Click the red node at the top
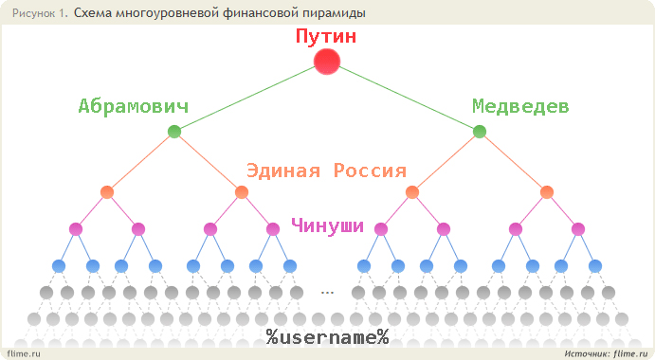pos(327,62)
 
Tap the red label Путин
pos(326,36)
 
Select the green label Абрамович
pos(134,106)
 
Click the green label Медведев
pos(520,106)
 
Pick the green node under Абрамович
pos(174,132)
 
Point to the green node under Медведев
pos(480,132)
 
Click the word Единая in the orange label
pos(283,171)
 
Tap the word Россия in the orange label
pos(370,171)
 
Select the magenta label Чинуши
pos(328,225)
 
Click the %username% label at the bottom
pos(328,336)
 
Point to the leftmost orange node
pos(107,192)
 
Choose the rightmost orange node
pos(547,192)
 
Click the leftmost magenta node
pos(76,229)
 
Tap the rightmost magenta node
pos(578,229)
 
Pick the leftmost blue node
pos(59,266)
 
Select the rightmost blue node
pos(595,266)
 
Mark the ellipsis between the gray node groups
pos(328,293)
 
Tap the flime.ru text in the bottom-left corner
pos(24,353)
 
